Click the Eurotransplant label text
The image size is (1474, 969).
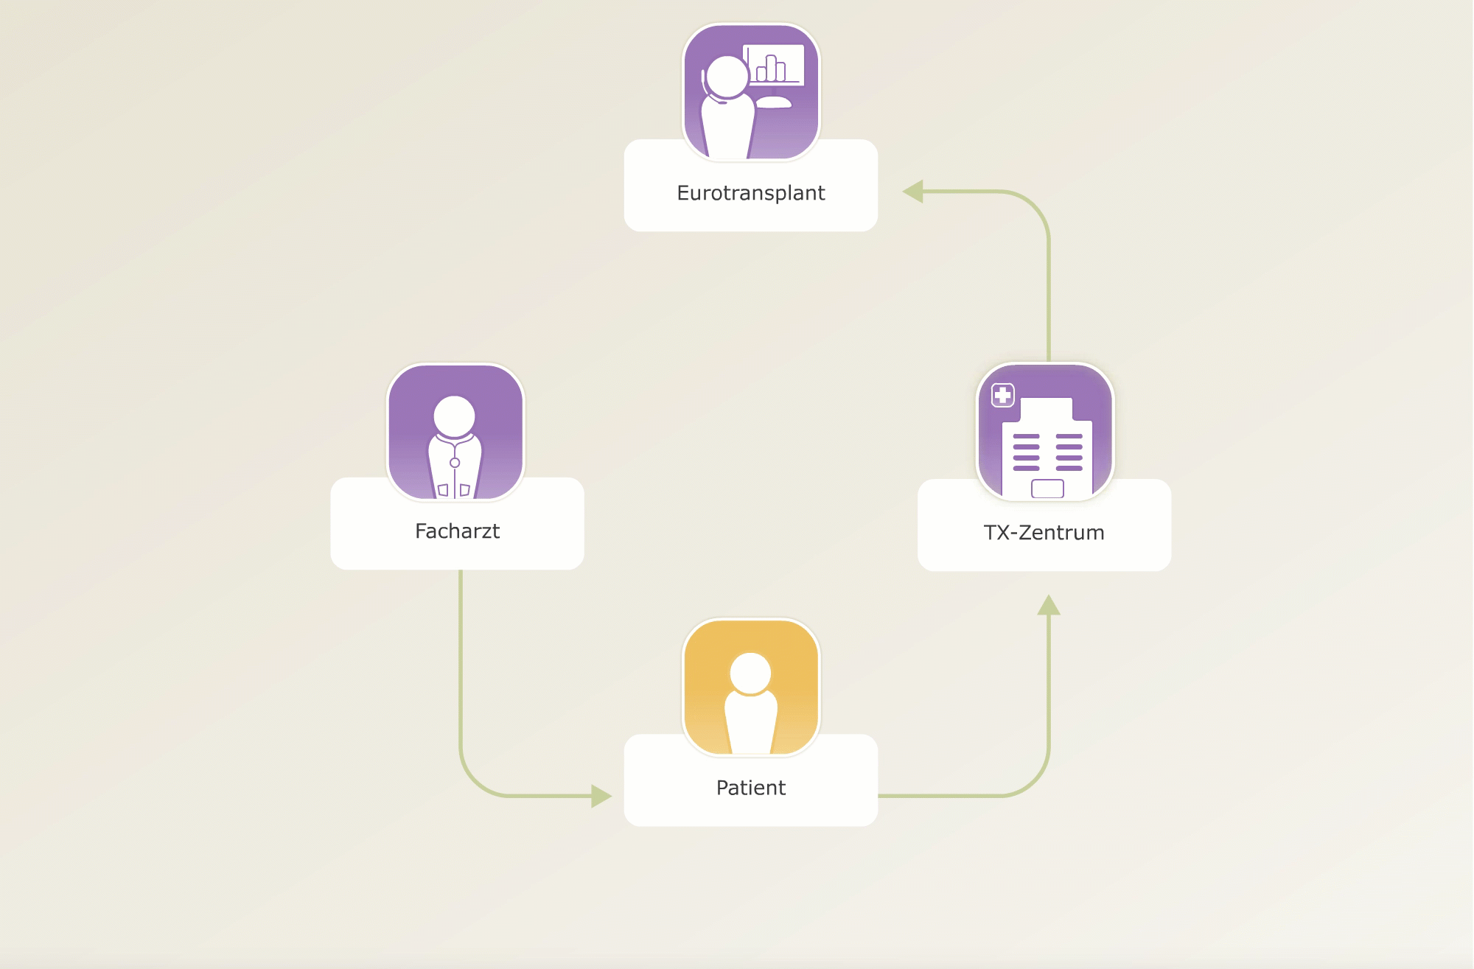point(750,193)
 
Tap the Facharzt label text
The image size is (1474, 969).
point(457,531)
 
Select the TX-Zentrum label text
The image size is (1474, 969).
point(1044,533)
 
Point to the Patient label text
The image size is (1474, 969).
point(750,788)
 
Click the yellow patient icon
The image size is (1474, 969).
point(751,687)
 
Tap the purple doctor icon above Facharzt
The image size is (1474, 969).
point(455,432)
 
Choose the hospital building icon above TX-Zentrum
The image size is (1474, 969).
point(1045,432)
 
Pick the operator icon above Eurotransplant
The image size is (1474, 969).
point(751,91)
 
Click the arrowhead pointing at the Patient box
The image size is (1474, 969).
point(601,796)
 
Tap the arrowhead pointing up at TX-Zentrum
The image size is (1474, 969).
point(1049,605)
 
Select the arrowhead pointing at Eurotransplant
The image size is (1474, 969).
point(913,192)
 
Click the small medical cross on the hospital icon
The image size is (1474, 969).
point(1003,395)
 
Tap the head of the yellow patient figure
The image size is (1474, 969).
point(750,674)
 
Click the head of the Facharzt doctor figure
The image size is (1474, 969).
point(454,416)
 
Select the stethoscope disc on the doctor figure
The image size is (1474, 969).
point(455,463)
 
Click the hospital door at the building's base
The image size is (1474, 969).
point(1047,489)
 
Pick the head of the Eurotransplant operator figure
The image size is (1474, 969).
point(727,77)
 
